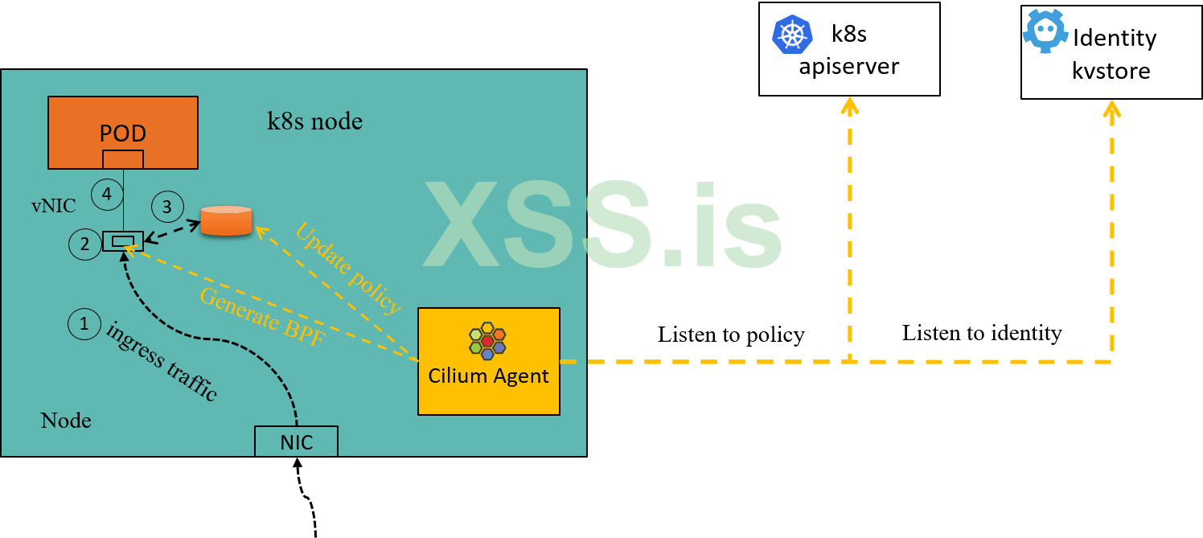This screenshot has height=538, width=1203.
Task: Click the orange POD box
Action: point(123,132)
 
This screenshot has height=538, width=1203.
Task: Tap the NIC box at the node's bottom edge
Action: point(296,441)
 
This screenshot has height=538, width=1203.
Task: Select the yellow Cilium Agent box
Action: point(488,361)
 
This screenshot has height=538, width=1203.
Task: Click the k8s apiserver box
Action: point(849,49)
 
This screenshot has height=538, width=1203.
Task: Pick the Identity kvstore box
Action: point(1111,52)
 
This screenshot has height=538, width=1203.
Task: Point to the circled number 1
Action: point(83,324)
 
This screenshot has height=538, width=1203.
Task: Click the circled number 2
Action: point(85,243)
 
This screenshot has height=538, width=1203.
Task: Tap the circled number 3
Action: point(166,206)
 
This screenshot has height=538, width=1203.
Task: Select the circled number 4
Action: point(105,193)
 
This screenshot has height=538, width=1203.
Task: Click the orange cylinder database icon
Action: point(226,220)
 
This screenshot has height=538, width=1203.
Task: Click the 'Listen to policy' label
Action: point(731,335)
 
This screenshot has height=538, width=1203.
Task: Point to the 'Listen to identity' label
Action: point(982,332)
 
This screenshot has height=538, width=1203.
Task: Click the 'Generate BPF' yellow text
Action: point(261,315)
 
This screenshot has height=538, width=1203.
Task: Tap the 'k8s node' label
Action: point(314,121)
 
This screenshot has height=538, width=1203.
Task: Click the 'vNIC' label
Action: point(53,206)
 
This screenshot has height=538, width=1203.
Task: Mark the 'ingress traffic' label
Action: point(162,361)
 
